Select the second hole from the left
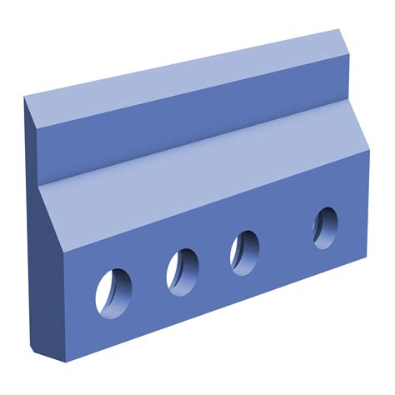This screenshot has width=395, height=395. point(182,269)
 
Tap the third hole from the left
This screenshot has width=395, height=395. point(244,250)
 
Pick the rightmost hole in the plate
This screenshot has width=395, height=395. point(326,226)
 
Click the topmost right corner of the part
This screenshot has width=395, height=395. point(342,31)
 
